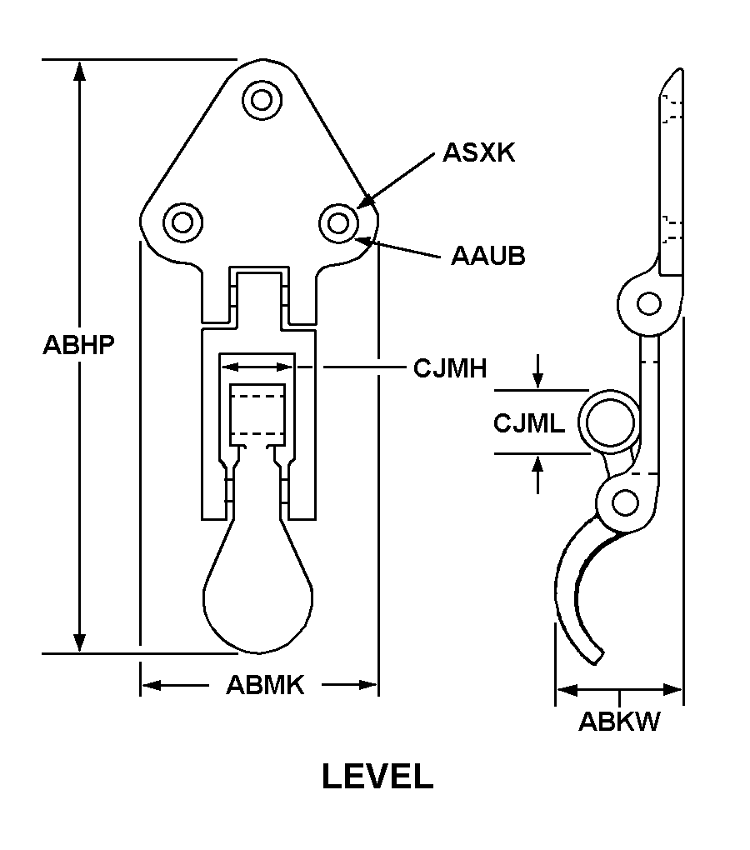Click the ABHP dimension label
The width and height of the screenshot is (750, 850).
78,345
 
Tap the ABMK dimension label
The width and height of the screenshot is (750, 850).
265,685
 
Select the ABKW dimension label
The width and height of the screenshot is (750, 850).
619,722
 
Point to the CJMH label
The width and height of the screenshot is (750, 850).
450,367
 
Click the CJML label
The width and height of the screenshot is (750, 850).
529,423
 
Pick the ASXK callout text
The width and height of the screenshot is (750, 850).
479,152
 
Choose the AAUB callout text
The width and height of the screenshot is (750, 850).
488,256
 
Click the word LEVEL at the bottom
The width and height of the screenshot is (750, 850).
377,777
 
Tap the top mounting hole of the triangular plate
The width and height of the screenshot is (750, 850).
262,100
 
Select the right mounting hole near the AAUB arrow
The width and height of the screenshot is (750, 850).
337,222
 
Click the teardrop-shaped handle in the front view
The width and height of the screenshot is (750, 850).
258,592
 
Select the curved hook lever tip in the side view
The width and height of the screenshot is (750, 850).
593,654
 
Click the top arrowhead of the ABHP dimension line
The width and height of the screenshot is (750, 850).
79,70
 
